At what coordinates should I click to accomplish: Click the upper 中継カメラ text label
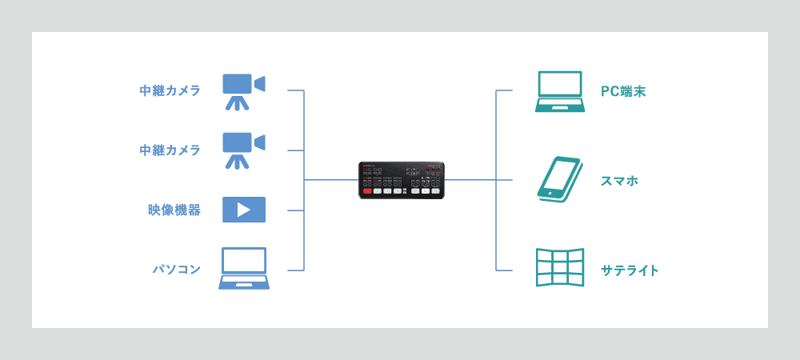170,90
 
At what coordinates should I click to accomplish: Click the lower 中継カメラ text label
170,150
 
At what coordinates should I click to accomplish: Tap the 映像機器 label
174,210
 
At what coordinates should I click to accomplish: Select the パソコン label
176,270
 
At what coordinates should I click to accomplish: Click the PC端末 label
623,91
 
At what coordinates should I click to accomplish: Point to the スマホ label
619,181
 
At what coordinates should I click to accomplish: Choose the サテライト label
630,270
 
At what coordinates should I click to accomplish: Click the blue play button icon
243,210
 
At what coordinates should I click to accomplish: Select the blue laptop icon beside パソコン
243,269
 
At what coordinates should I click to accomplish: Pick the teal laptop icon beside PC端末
559,91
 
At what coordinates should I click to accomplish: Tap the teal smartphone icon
558,179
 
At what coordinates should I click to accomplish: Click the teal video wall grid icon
559,268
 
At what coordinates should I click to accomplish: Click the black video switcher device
401,180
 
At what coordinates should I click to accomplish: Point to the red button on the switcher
367,191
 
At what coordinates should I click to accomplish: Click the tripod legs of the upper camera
236,103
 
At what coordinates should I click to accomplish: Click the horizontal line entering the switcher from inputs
331,180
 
